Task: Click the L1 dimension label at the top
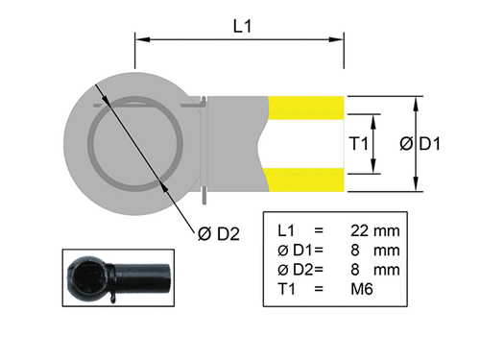(241, 27)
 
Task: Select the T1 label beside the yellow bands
(358, 144)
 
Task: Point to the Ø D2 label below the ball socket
(217, 232)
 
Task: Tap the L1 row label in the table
(284, 231)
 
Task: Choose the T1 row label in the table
(284, 287)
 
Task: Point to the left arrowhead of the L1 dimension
(140, 40)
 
